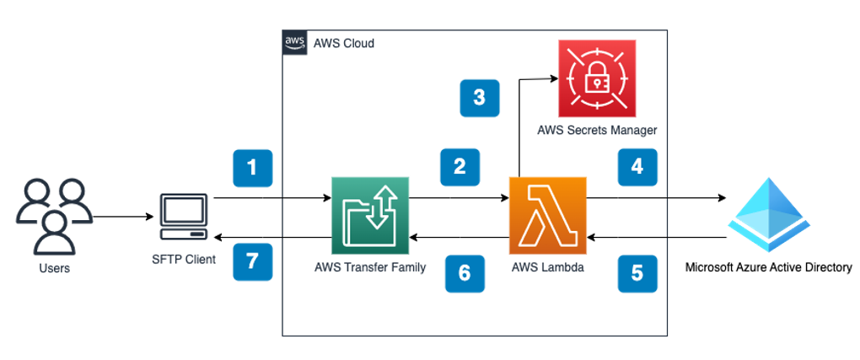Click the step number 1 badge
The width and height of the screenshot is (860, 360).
pyautogui.click(x=252, y=167)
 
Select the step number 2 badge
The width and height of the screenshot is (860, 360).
pyautogui.click(x=460, y=166)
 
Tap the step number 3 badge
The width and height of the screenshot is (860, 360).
pyautogui.click(x=480, y=98)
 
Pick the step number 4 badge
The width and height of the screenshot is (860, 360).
pyautogui.click(x=637, y=166)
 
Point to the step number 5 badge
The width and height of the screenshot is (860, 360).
pyautogui.click(x=637, y=272)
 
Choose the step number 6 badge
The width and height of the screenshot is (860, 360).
pyautogui.click(x=465, y=272)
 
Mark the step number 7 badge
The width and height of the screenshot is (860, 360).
pyautogui.click(x=252, y=261)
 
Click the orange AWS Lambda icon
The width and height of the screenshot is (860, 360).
pyautogui.click(x=547, y=216)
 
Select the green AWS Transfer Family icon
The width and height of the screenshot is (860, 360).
pyautogui.click(x=370, y=216)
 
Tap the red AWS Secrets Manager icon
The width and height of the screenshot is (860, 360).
pyautogui.click(x=597, y=78)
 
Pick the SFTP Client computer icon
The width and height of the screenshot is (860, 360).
pyautogui.click(x=183, y=218)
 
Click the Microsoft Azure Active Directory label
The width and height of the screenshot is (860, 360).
pyautogui.click(x=769, y=269)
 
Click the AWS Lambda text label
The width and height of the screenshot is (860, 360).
pyautogui.click(x=547, y=267)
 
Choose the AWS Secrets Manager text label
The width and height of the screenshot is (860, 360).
pyautogui.click(x=597, y=131)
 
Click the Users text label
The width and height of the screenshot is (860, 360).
pyautogui.click(x=53, y=269)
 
